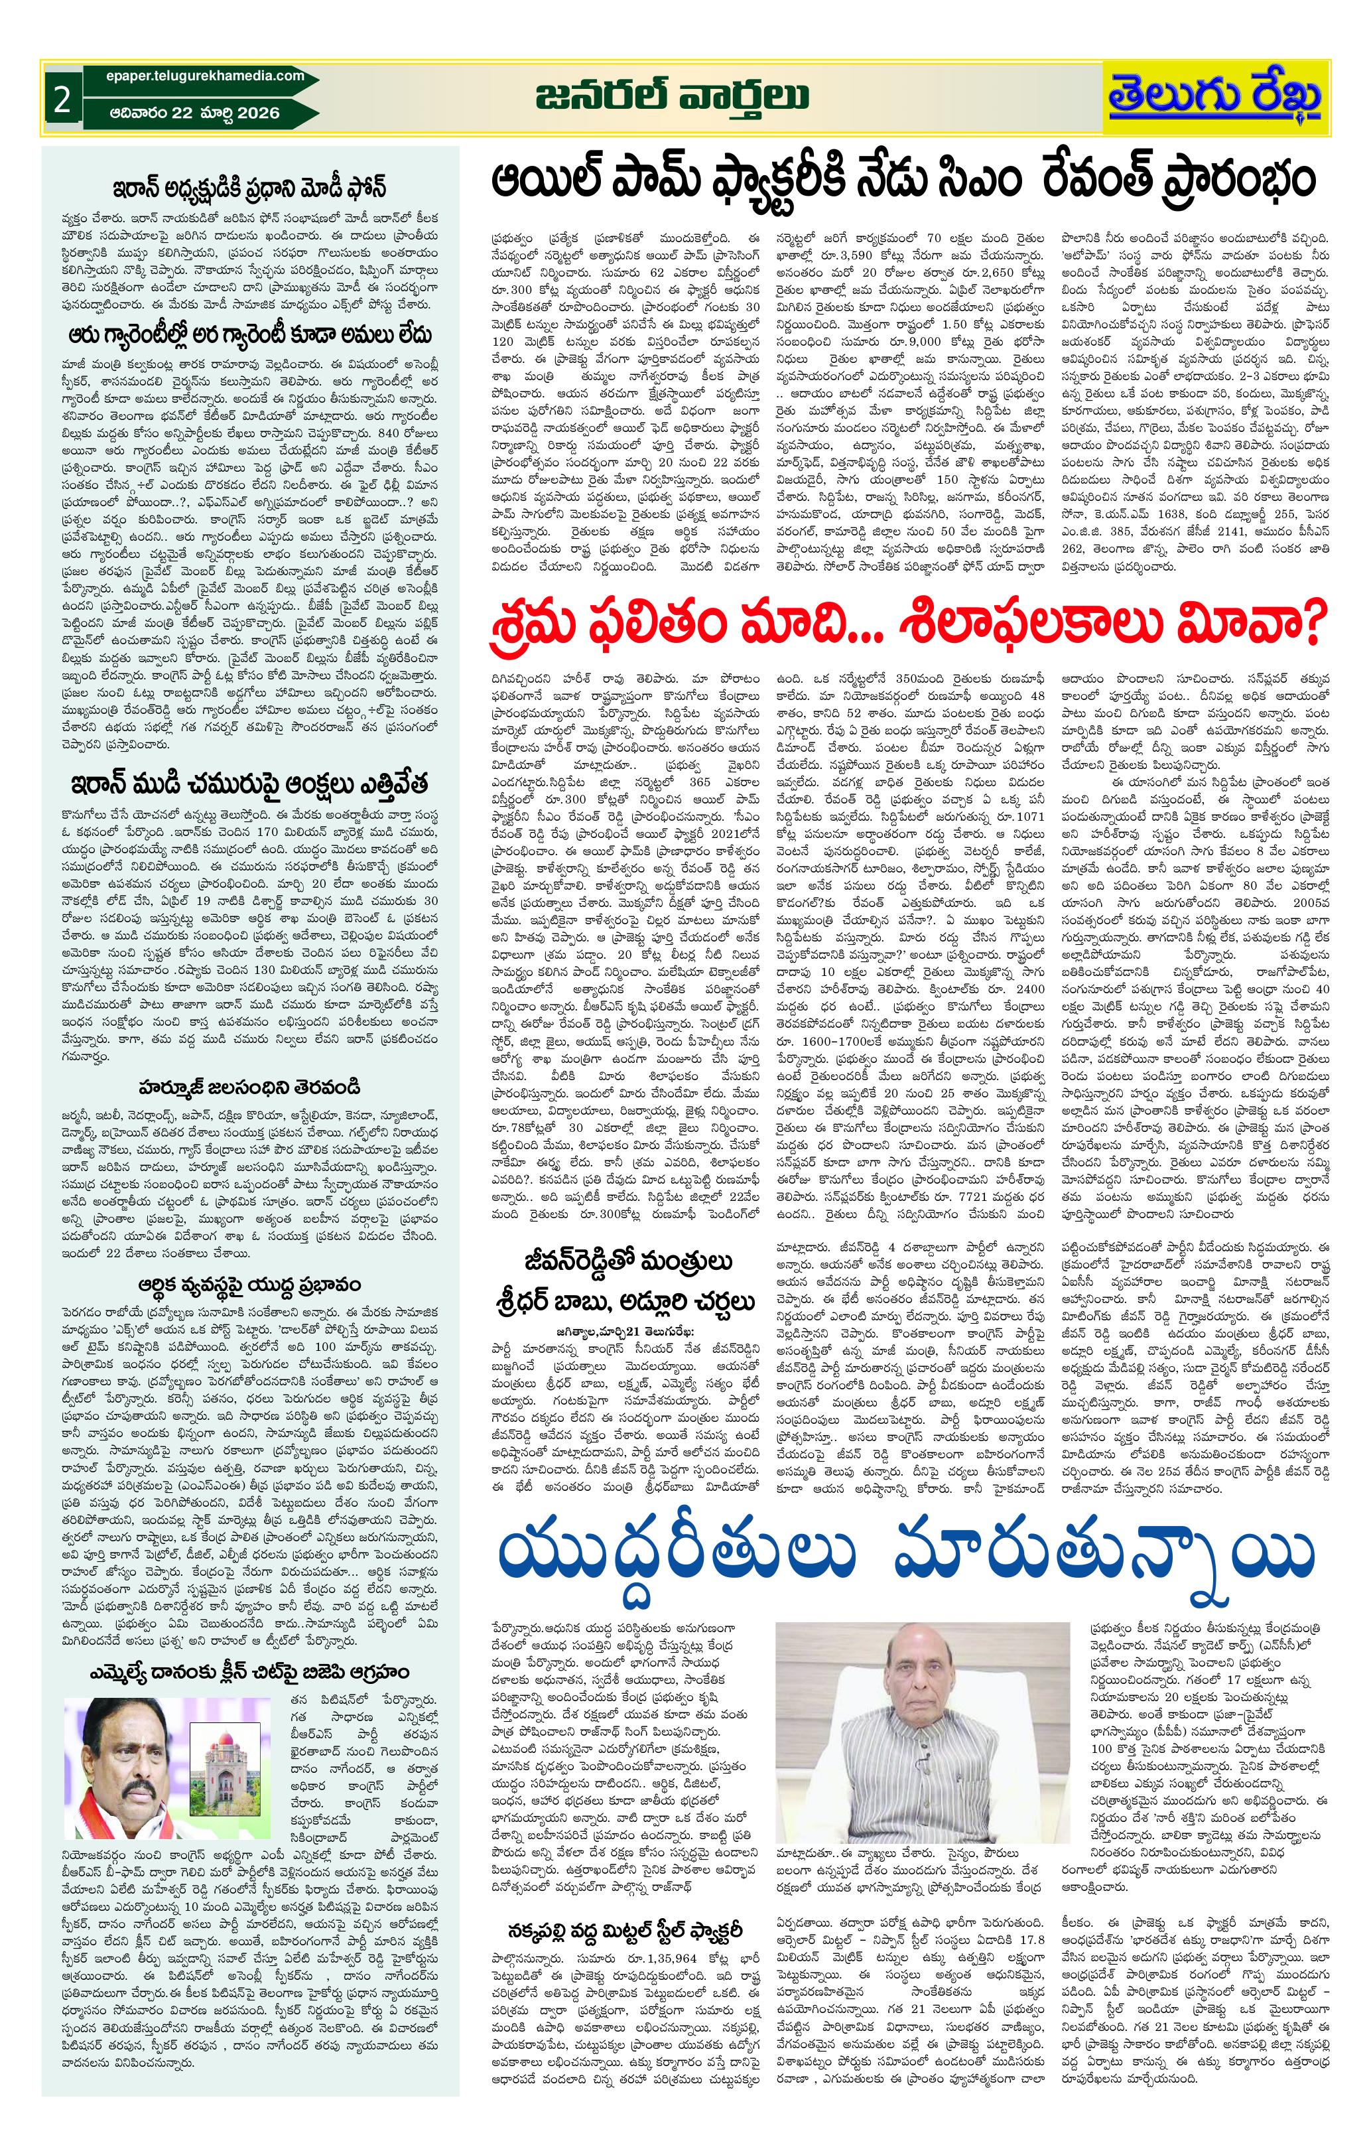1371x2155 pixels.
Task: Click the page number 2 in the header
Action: (61, 100)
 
